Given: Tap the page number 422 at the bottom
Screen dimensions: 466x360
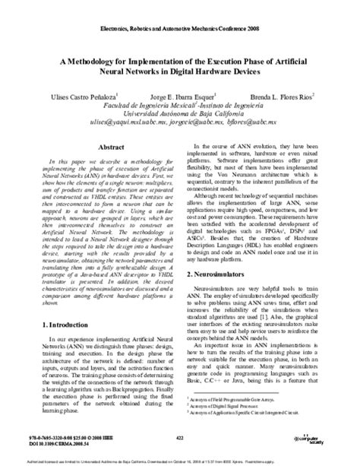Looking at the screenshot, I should click(180, 438).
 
